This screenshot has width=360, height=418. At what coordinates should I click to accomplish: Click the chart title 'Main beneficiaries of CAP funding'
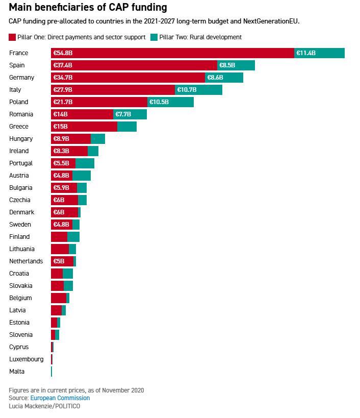[88, 8]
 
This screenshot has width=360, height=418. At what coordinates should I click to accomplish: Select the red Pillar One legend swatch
[12, 37]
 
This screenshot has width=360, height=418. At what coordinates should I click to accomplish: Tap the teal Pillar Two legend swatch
[155, 37]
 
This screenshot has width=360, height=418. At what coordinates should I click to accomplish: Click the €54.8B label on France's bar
[63, 53]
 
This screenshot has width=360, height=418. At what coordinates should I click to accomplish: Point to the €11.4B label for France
[306, 53]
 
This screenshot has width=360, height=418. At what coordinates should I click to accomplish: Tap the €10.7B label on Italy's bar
[187, 90]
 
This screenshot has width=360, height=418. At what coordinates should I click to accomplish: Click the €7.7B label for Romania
[123, 114]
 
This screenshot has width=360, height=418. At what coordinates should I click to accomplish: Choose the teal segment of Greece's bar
[127, 127]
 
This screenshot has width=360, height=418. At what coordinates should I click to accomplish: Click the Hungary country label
[21, 139]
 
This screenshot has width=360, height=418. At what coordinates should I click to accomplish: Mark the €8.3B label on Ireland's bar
[61, 151]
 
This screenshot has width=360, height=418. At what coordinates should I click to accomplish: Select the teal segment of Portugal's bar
[85, 163]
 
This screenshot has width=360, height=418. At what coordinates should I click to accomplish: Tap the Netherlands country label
[26, 261]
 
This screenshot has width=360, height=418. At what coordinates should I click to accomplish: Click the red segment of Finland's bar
[59, 237]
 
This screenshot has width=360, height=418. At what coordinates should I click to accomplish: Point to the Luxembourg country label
[26, 359]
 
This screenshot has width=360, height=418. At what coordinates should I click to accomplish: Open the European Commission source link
[60, 398]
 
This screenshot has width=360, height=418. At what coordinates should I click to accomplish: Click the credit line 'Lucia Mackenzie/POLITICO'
[44, 406]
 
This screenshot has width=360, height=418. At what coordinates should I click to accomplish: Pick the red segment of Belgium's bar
[58, 298]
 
